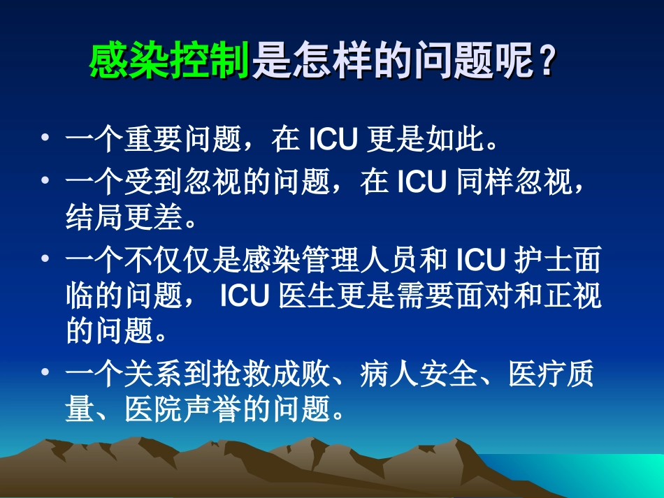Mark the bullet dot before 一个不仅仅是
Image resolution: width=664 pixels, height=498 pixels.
(46, 260)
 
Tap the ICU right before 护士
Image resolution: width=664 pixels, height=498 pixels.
(481, 261)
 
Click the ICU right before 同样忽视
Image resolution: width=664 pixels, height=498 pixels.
(421, 184)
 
